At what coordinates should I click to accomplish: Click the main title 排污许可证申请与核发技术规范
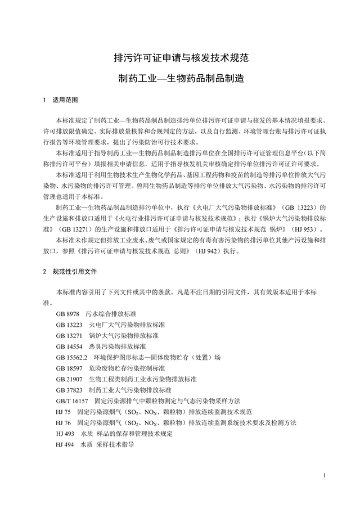tap(181, 57)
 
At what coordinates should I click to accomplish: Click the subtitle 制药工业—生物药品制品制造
tap(181, 78)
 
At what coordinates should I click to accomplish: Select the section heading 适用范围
tap(65, 101)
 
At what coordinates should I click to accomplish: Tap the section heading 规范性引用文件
tap(74, 272)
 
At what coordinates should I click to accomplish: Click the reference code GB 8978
tap(67, 313)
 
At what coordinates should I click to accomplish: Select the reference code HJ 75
tap(63, 411)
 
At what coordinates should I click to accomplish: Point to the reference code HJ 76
tap(63, 422)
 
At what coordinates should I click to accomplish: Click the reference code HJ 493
tap(65, 433)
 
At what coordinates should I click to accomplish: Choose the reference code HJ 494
tap(65, 444)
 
